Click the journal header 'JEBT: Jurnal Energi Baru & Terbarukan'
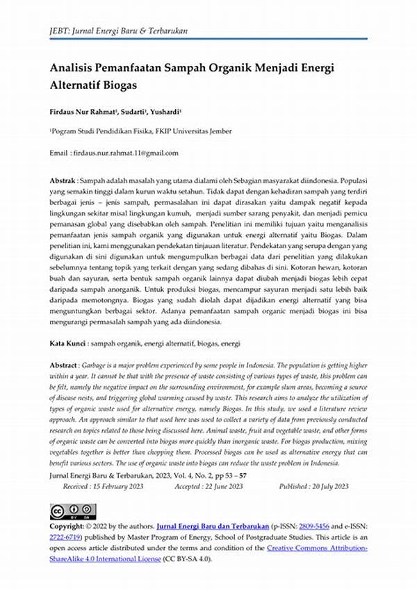118,31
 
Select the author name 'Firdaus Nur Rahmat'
82,112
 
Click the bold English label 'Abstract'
64,365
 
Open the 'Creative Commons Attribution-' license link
317,548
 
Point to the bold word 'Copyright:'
67,526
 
